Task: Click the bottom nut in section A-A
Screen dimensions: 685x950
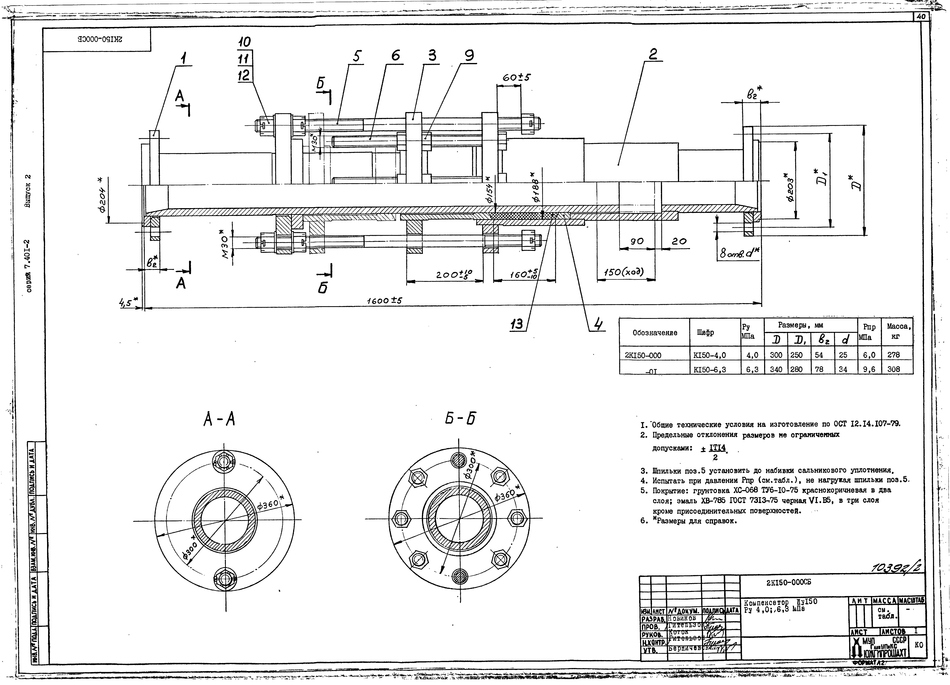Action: click(225, 579)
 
